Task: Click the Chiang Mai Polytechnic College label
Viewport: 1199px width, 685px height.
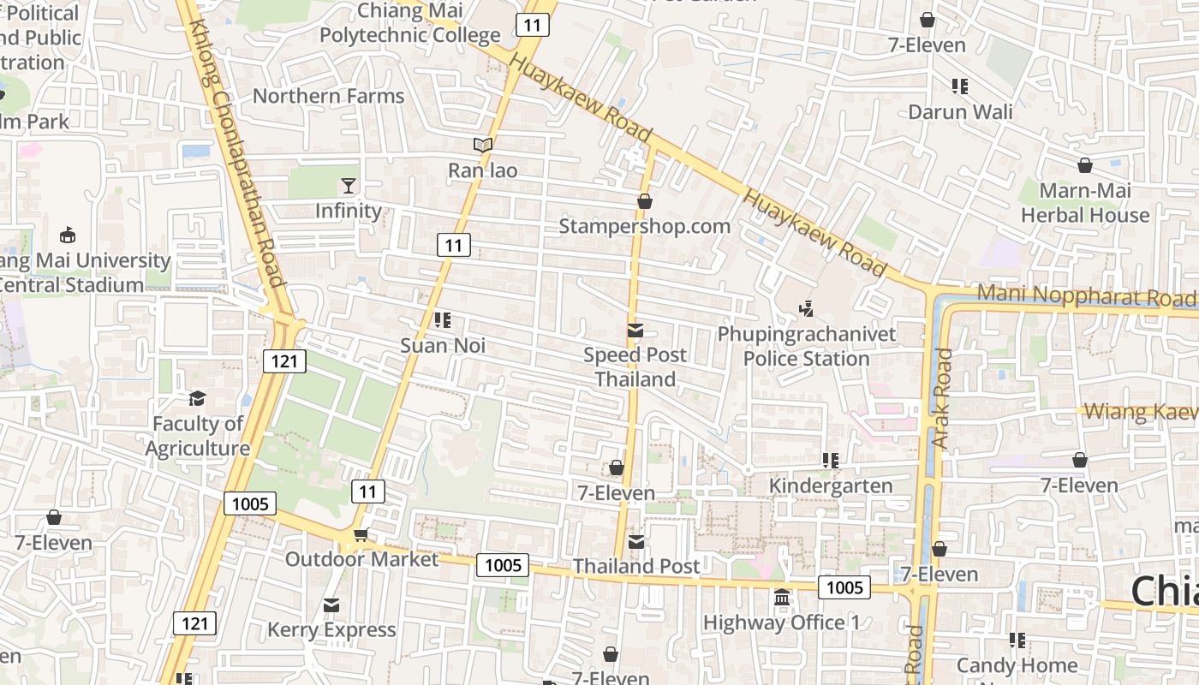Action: pyautogui.click(x=409, y=23)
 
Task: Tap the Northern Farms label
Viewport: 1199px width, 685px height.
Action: pyautogui.click(x=328, y=96)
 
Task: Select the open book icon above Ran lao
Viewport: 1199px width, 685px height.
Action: pyautogui.click(x=483, y=146)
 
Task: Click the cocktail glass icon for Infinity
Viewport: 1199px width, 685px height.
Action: pyautogui.click(x=348, y=186)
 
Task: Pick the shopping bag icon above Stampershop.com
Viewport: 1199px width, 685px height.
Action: pyautogui.click(x=644, y=201)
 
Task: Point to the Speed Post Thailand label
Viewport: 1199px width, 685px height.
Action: pyautogui.click(x=635, y=366)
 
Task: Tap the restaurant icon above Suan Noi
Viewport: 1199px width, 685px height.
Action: pyautogui.click(x=443, y=321)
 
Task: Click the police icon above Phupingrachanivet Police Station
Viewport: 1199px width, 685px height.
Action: pyautogui.click(x=806, y=308)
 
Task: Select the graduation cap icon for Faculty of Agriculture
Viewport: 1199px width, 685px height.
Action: pyautogui.click(x=197, y=399)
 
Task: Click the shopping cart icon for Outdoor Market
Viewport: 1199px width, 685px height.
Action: pyautogui.click(x=361, y=535)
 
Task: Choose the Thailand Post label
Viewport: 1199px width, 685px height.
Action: pyautogui.click(x=635, y=566)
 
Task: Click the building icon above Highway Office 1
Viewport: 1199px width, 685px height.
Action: pyautogui.click(x=781, y=598)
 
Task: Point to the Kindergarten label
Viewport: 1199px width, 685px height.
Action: pyautogui.click(x=830, y=485)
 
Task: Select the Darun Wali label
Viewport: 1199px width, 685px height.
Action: pyautogui.click(x=959, y=112)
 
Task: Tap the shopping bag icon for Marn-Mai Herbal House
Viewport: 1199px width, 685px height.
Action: pyautogui.click(x=1084, y=165)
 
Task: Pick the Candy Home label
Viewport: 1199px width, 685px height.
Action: pyautogui.click(x=1017, y=665)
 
